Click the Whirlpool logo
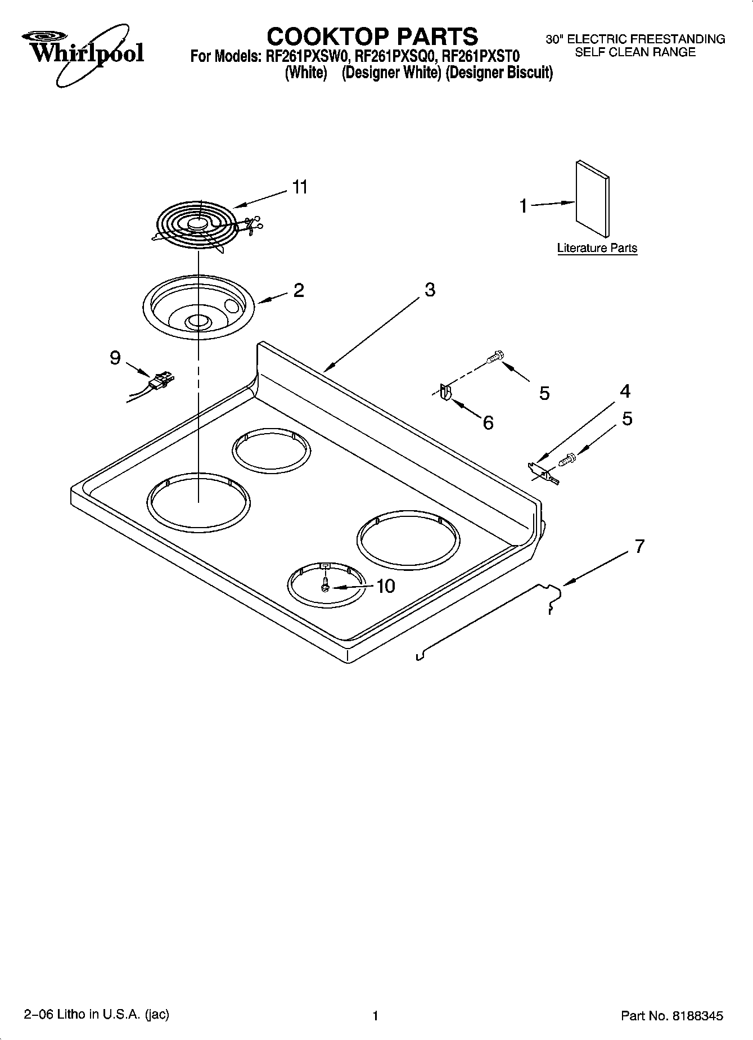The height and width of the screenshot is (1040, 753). (83, 53)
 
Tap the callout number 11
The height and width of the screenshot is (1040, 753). (300, 187)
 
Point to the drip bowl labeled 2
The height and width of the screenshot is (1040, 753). (198, 307)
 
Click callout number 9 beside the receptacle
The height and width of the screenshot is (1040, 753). (115, 357)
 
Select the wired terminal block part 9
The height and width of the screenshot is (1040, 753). (160, 382)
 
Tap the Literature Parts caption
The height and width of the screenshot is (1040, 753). (597, 248)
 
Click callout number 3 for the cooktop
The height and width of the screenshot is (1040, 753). (430, 290)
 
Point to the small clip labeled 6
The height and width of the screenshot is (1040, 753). (445, 392)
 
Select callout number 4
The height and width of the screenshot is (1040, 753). (625, 391)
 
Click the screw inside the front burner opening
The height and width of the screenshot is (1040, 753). (325, 586)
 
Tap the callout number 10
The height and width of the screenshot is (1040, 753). (385, 586)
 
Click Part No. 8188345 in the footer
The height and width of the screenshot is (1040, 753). (671, 1016)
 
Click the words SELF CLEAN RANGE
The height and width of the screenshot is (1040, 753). (635, 52)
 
